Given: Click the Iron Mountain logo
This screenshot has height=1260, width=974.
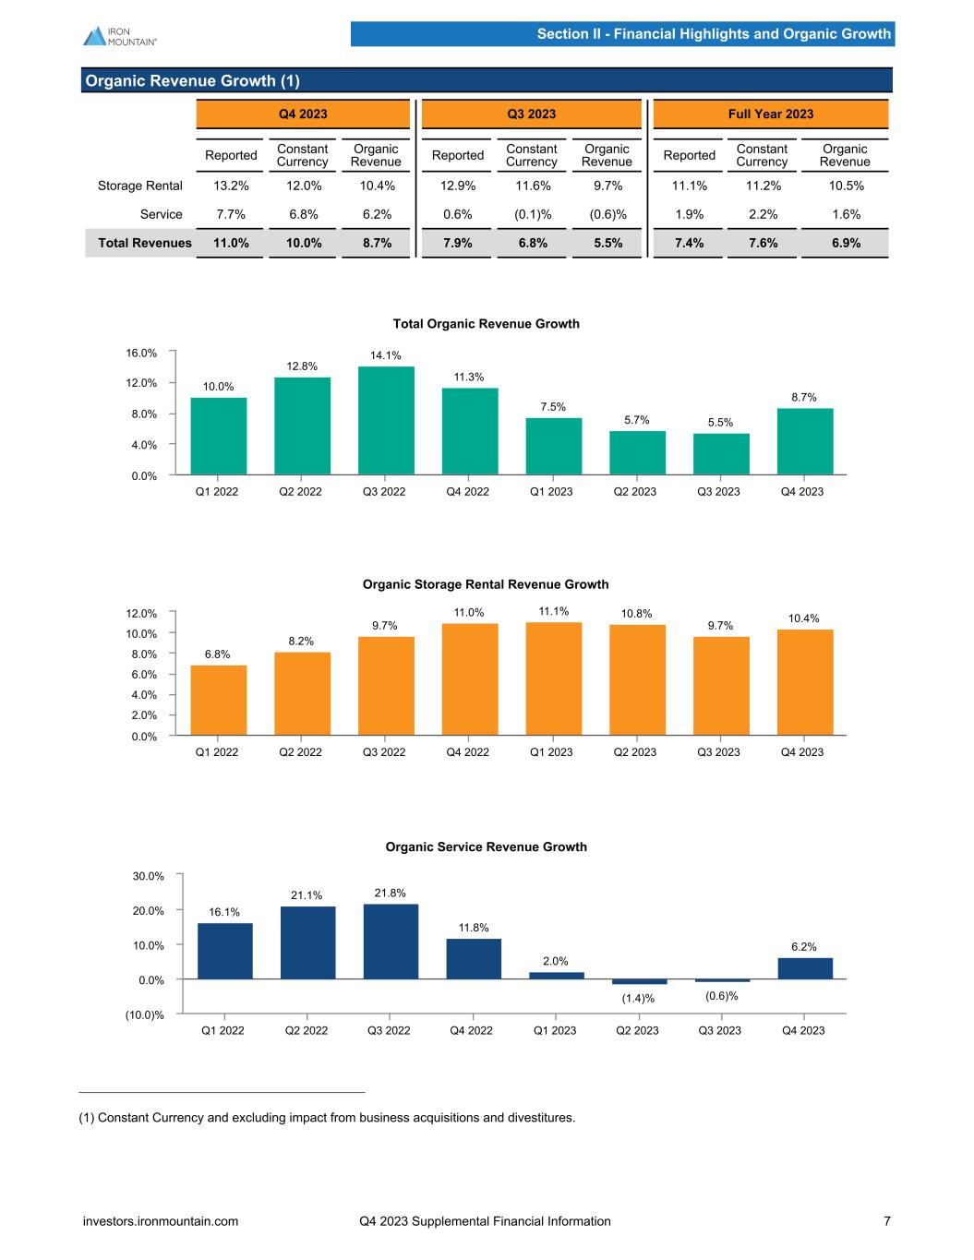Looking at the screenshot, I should (119, 35).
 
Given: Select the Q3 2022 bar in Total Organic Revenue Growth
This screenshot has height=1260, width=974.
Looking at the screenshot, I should (386, 420).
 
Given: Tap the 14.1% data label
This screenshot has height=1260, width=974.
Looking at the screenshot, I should (386, 355).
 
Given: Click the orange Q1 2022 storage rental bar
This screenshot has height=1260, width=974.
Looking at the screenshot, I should (218, 700).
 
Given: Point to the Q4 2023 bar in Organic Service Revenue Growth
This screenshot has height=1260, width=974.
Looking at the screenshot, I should (805, 968).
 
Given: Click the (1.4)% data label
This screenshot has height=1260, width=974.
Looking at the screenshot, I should (638, 998).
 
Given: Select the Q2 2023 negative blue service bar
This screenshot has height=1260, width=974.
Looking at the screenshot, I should (639, 981).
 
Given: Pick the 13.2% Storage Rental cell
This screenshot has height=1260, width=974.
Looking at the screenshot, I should (230, 186).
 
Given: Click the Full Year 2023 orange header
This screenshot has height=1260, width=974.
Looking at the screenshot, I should (771, 114).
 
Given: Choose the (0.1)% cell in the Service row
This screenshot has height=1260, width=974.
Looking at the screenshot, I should (532, 214).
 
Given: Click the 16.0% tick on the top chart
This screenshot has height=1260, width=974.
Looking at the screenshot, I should (141, 353).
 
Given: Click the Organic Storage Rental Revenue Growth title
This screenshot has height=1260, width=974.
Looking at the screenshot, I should (486, 584).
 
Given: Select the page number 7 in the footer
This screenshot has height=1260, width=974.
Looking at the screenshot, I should (887, 1221).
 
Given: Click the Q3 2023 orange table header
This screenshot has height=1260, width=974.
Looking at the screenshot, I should (532, 114).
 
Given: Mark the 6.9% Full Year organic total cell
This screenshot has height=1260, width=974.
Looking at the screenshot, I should (845, 243).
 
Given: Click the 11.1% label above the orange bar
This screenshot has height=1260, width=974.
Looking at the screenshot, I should (554, 611).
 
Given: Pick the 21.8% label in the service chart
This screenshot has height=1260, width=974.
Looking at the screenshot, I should (390, 893).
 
